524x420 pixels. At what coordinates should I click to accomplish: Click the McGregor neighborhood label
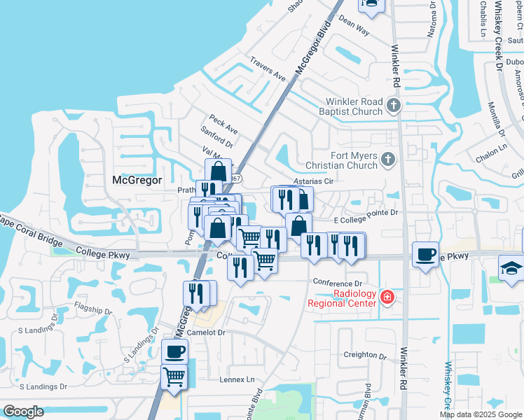point(137,180)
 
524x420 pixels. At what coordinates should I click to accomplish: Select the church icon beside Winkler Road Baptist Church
point(394,106)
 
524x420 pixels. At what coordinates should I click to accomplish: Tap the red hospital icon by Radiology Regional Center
point(386,299)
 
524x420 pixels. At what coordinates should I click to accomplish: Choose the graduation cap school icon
point(511,268)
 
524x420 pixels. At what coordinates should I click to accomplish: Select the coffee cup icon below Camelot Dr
point(174,351)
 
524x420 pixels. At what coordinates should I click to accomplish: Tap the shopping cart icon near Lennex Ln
point(174,377)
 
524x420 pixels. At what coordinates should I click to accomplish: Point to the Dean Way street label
point(354,27)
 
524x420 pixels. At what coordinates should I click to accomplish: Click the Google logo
point(23,412)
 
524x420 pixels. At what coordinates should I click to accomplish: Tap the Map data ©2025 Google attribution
point(481,414)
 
